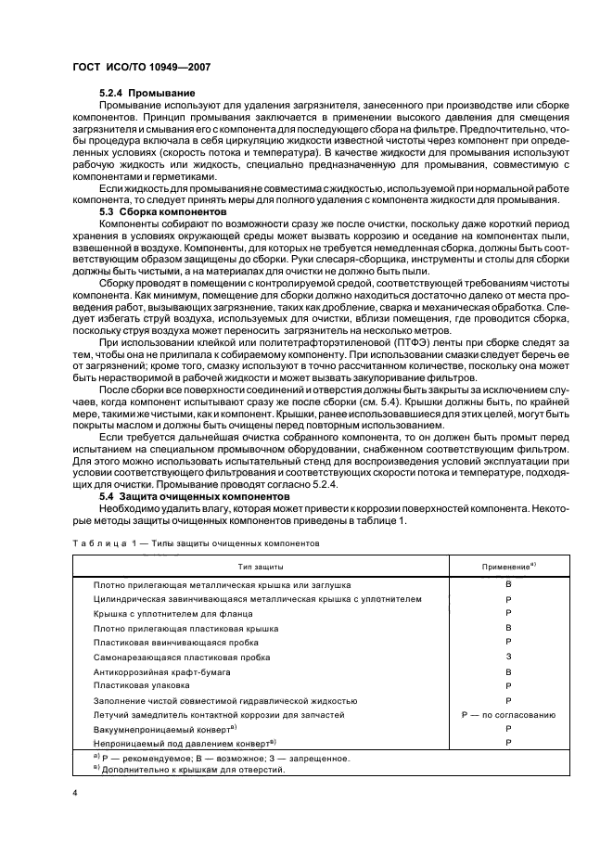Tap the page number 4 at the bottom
coord(73,793)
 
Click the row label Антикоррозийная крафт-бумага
coord(161,670)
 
